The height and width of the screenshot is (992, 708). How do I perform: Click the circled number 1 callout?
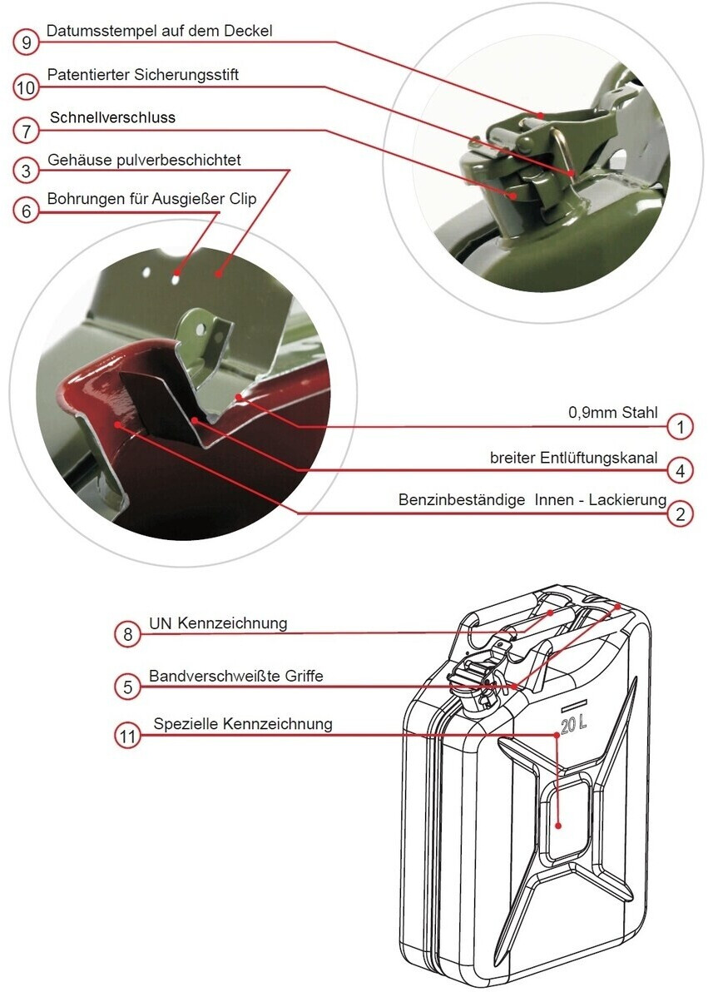680,427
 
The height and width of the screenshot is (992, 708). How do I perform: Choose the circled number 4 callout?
680,470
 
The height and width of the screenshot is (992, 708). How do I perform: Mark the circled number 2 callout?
680,513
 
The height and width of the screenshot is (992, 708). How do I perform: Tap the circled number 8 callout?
127,634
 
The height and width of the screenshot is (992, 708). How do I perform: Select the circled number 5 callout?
127,687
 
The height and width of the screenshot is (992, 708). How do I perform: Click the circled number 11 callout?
127,737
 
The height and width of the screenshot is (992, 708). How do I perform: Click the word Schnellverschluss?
112,117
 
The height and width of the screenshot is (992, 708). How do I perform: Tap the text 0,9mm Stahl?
612,413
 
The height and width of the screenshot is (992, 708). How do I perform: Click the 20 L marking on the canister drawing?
573,724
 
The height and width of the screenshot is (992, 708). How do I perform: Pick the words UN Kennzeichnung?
218,622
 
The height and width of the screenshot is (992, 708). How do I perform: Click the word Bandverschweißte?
205,675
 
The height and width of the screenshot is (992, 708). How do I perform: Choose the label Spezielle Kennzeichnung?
243,724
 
